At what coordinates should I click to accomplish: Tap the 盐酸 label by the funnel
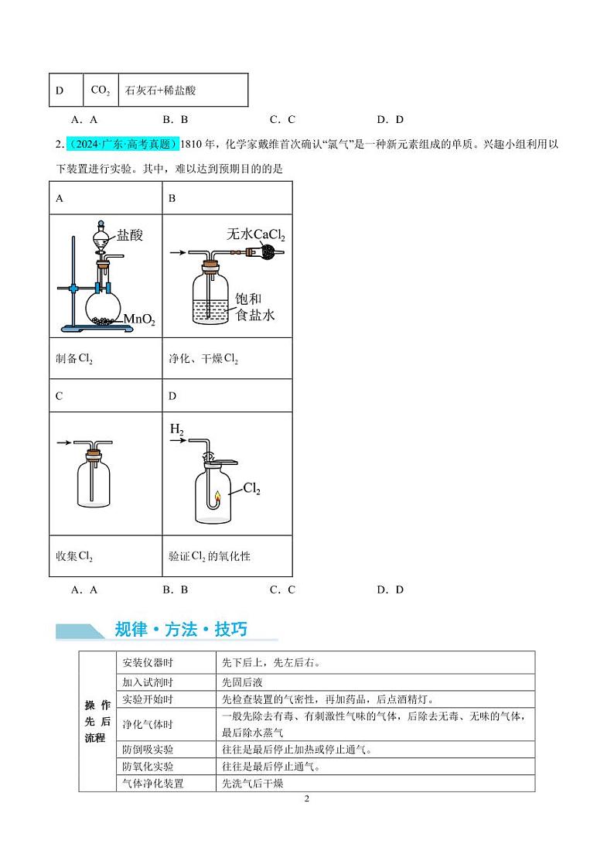(130, 235)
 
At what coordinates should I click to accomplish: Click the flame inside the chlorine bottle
(217, 497)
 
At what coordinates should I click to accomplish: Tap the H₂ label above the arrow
(177, 428)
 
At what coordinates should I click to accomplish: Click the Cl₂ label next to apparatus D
(252, 489)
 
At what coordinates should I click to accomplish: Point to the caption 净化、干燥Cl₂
(203, 360)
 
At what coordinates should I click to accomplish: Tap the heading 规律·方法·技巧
(181, 629)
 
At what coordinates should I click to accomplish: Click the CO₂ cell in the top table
(101, 91)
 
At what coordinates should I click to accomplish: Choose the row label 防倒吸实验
(148, 750)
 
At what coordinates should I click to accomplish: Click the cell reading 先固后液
(241, 682)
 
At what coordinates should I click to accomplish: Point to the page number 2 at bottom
(307, 798)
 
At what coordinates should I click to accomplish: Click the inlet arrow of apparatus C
(63, 443)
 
